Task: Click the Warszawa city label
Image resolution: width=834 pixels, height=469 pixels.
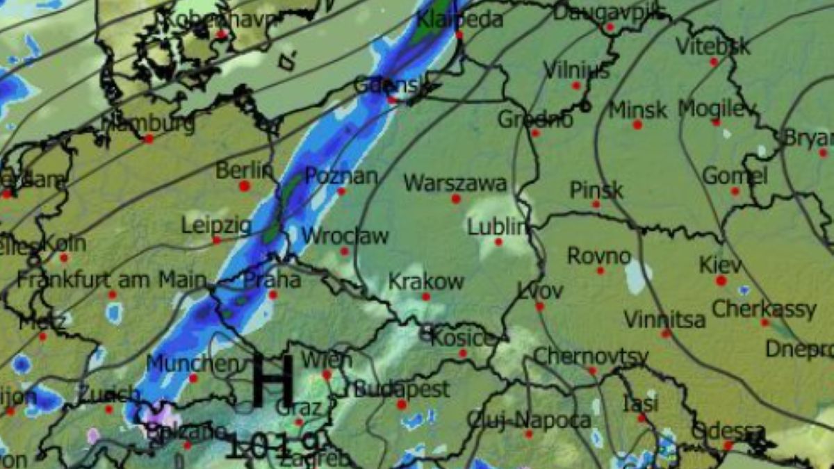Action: (455, 183)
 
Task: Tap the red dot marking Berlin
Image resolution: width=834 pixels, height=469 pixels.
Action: (244, 186)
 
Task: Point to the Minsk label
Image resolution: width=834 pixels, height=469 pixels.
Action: (637, 110)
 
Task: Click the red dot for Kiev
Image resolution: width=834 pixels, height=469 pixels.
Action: (721, 281)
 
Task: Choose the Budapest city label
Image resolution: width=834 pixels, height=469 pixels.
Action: (402, 388)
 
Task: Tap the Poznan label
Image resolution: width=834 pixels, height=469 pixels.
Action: (341, 176)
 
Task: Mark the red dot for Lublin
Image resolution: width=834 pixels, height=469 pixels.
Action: (498, 242)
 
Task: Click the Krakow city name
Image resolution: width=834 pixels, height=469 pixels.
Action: (425, 281)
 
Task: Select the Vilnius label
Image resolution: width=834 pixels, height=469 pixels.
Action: (576, 70)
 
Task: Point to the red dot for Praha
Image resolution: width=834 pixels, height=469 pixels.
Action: (273, 295)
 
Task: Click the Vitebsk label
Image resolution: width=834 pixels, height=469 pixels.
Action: (713, 47)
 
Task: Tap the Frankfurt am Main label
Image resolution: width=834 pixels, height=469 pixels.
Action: (112, 281)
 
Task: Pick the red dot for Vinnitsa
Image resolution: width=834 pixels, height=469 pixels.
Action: (666, 334)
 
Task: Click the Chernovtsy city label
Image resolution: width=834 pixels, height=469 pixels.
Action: (591, 356)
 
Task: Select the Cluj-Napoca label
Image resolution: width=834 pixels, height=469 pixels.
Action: (529, 420)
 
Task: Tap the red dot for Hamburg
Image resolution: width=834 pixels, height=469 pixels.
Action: (148, 139)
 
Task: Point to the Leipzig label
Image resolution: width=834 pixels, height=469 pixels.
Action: (216, 225)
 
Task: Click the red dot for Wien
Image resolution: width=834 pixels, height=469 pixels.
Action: (326, 375)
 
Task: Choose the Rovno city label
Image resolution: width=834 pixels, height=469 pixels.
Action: (599, 256)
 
